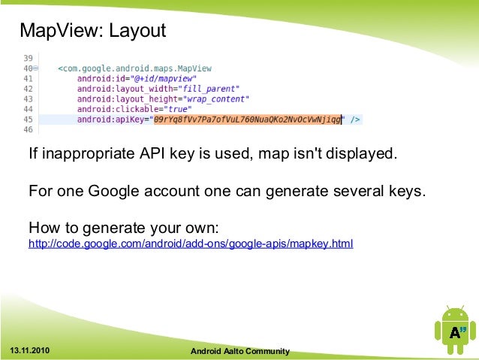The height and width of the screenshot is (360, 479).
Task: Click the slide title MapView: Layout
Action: [x=92, y=31]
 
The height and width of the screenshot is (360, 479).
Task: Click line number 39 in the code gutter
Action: [x=28, y=58]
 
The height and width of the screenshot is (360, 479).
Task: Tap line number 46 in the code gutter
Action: [x=28, y=129]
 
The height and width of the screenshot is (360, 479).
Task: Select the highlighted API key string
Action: [x=246, y=119]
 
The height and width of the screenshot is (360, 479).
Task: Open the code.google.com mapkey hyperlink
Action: [x=190, y=244]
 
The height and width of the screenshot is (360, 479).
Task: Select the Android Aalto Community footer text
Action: [x=239, y=351]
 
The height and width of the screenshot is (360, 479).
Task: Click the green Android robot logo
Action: [x=453, y=331]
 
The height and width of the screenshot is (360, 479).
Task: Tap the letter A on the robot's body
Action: [x=453, y=333]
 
